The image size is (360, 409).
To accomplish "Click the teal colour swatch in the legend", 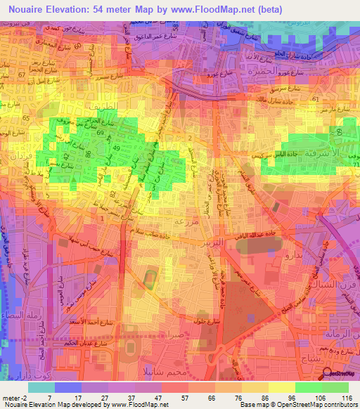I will (x=41, y=387).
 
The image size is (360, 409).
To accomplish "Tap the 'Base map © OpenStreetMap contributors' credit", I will (x=297, y=404).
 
